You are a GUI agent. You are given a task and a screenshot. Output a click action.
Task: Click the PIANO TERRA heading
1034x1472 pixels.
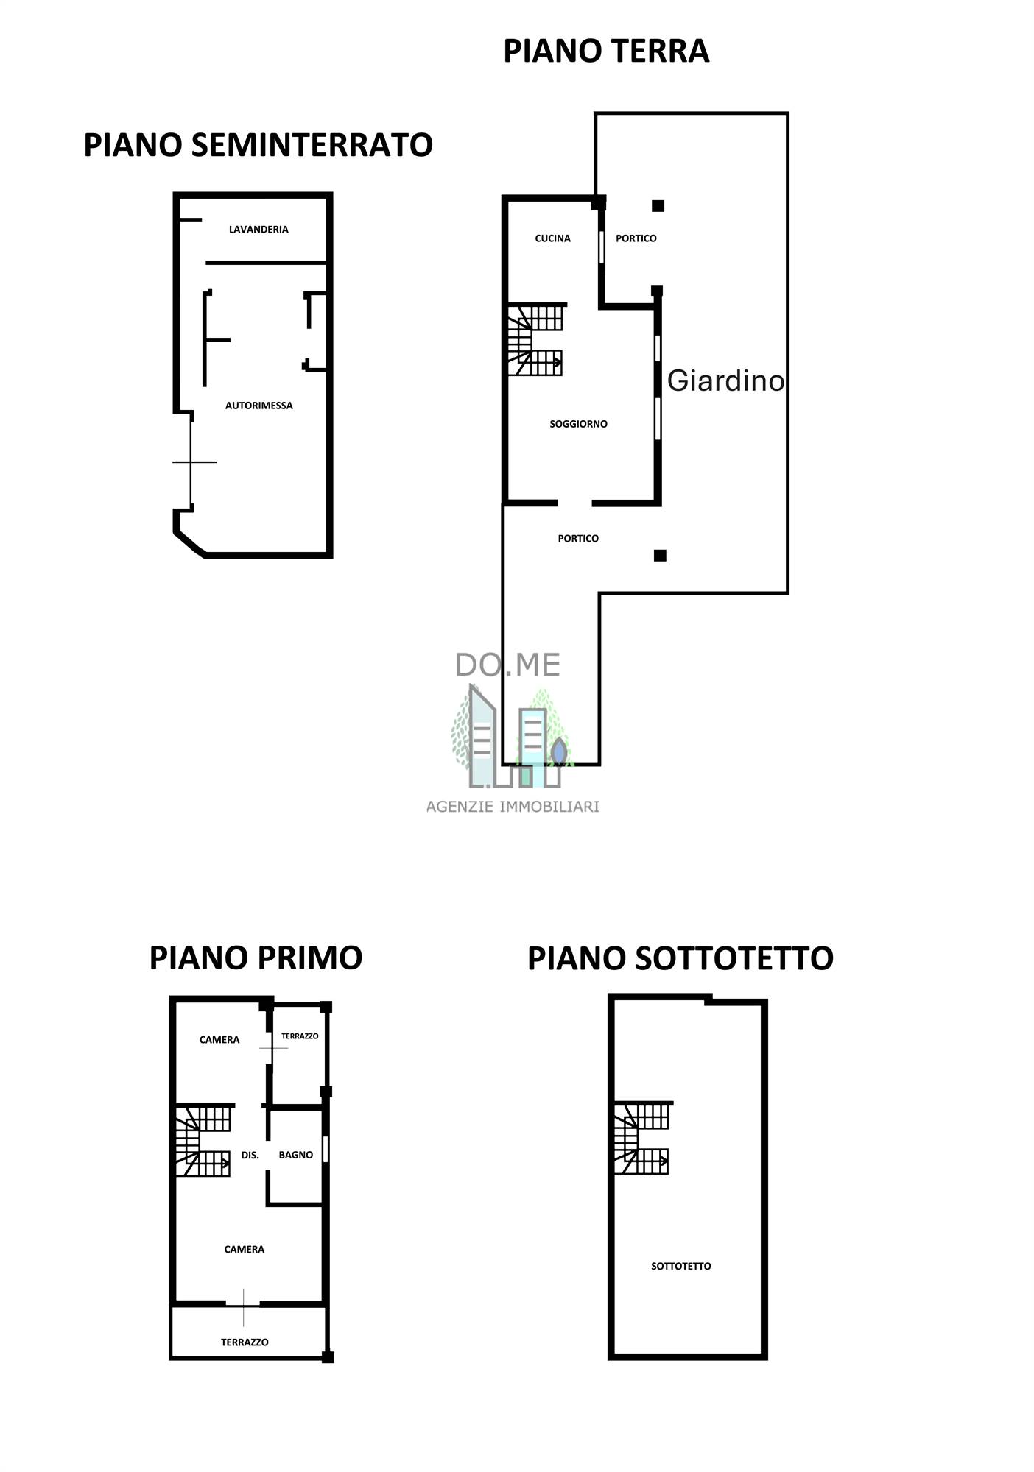point(606,52)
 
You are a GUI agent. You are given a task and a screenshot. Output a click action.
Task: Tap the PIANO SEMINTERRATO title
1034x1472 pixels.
point(258,145)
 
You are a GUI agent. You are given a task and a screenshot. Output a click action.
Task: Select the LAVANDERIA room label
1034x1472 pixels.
point(258,230)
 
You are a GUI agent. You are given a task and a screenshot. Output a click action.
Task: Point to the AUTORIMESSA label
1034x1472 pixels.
point(259,406)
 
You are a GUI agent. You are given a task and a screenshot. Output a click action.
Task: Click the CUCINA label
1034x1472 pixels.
point(552,238)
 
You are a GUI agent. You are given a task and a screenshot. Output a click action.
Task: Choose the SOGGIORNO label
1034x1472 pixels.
point(578,424)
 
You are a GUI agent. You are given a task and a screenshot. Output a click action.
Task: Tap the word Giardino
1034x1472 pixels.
point(725,381)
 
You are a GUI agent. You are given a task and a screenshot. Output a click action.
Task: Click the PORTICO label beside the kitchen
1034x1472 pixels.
point(636,238)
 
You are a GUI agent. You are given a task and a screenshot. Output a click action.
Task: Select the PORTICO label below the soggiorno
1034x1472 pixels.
point(578,539)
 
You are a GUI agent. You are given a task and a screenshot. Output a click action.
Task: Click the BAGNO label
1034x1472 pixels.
point(296,1155)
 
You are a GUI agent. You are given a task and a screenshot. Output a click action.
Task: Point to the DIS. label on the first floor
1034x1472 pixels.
point(250,1156)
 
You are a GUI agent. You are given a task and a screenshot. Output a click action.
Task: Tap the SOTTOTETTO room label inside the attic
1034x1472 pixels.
point(681,1266)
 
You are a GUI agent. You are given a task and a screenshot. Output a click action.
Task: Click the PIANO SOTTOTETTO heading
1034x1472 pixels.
point(680,958)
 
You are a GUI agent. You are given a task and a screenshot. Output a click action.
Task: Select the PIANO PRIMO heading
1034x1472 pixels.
point(256,958)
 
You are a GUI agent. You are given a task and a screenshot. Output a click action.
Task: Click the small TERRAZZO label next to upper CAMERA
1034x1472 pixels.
point(300,1036)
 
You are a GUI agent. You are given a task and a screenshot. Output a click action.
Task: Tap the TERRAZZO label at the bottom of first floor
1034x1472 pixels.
point(245,1342)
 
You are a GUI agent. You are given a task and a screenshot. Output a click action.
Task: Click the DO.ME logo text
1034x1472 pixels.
point(508,665)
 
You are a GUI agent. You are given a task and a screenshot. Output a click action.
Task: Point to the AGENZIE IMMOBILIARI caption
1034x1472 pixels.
point(513,807)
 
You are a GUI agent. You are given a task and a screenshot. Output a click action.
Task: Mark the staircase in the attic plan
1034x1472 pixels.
point(641,1138)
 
